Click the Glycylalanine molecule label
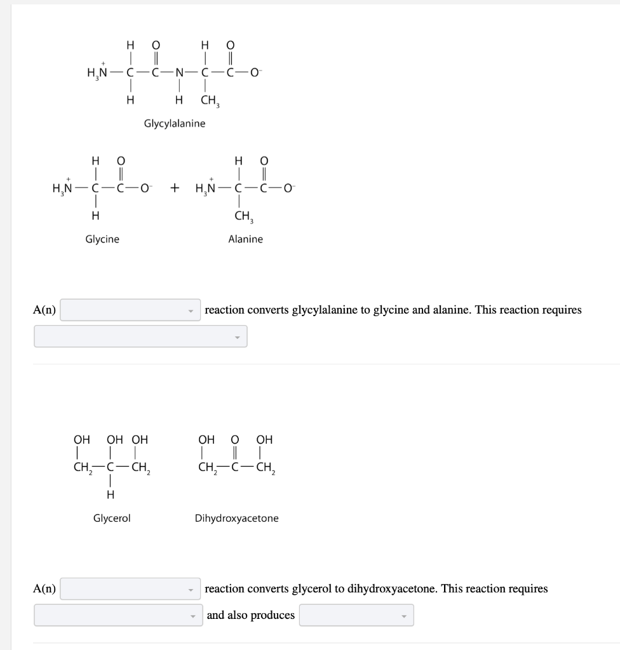pyautogui.click(x=175, y=123)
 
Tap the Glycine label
pyautogui.click(x=102, y=239)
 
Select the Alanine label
pyautogui.click(x=245, y=239)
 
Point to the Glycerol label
pyautogui.click(x=112, y=518)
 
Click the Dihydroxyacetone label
pyautogui.click(x=236, y=518)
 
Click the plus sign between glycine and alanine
pyautogui.click(x=175, y=188)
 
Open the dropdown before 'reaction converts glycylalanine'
pyautogui.click(x=130, y=310)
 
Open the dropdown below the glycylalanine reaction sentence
pyautogui.click(x=140, y=336)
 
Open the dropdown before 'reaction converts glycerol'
pyautogui.click(x=130, y=589)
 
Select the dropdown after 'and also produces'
pyautogui.click(x=356, y=615)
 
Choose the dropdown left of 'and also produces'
pyautogui.click(x=118, y=615)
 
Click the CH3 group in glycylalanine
pyautogui.click(x=209, y=100)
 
